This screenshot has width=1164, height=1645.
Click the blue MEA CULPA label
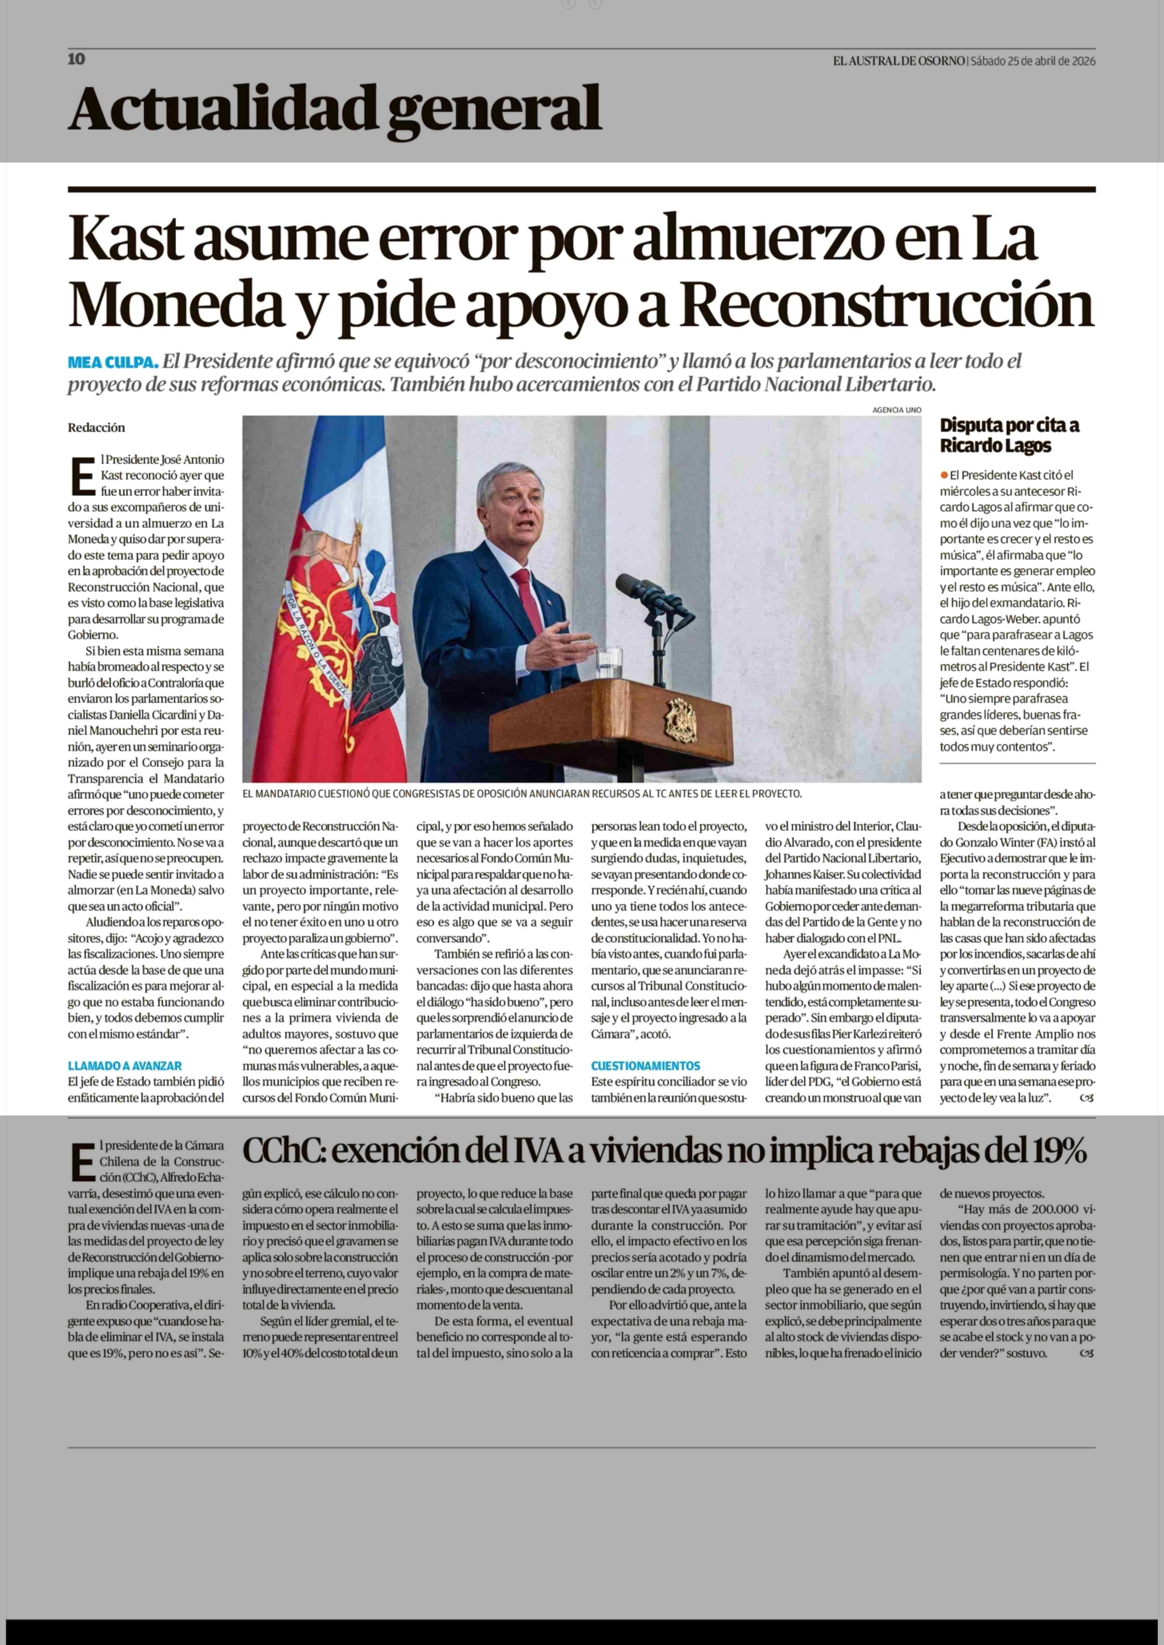tap(112, 362)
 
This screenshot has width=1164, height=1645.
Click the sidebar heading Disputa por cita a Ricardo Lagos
tap(1009, 435)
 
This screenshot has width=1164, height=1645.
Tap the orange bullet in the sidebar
tap(945, 474)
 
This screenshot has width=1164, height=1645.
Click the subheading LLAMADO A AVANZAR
tap(125, 1066)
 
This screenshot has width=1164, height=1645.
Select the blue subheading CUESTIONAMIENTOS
tap(645, 1066)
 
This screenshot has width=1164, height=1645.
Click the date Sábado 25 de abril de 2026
tap(1033, 61)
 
